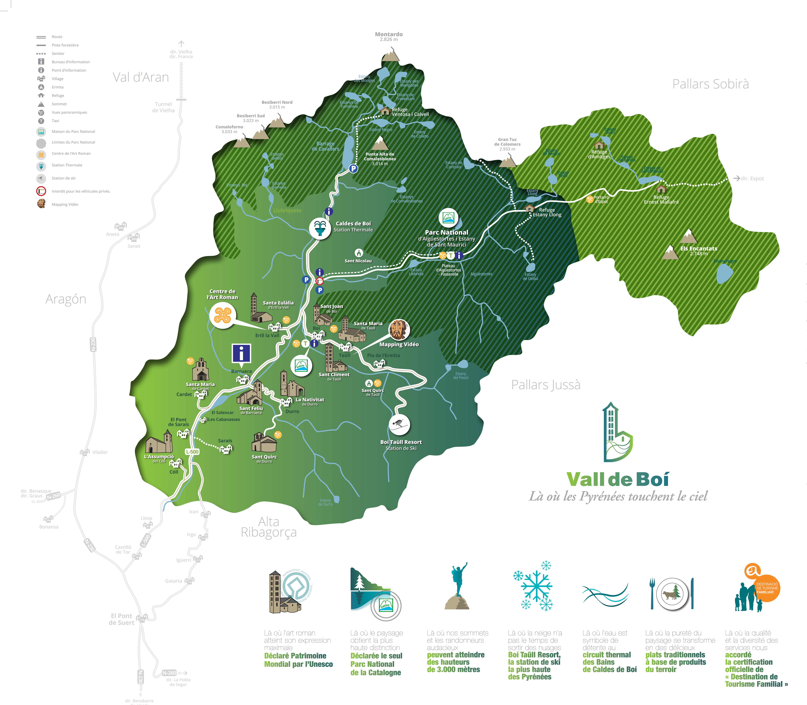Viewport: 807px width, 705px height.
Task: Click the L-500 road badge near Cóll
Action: pos(192,452)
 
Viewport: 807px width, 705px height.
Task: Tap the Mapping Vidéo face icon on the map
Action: pos(399,329)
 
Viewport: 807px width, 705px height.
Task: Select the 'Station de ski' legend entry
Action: pos(63,178)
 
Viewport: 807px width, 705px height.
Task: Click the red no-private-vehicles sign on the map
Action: pos(320,281)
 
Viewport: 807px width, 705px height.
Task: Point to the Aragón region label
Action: pos(66,299)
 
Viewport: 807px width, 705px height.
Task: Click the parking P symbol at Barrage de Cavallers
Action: pos(353,168)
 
